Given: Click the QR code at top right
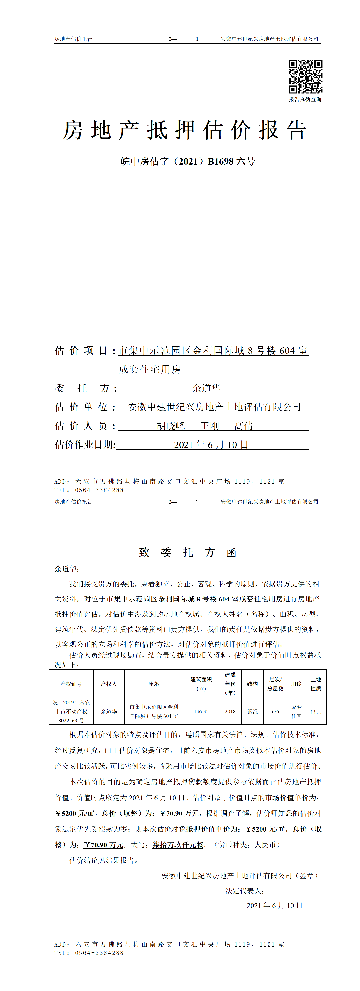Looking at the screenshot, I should point(305,76).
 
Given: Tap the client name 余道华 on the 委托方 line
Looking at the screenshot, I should point(206,388).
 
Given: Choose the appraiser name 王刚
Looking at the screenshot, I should point(210,426).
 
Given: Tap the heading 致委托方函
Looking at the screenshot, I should point(188,552).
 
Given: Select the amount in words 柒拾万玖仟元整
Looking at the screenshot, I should point(178,845).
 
